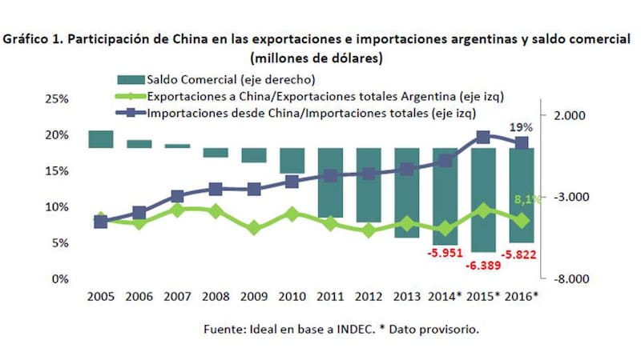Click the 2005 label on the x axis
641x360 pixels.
click(100, 295)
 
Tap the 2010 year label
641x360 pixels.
click(292, 295)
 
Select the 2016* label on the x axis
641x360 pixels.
click(522, 295)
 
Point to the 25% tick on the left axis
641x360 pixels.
click(55, 99)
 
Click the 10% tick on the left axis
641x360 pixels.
click(55, 207)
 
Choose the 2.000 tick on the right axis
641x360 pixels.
click(570, 115)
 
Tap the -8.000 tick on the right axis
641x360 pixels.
click(570, 278)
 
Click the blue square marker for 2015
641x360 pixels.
click(483, 138)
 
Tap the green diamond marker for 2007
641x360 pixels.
click(177, 210)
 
